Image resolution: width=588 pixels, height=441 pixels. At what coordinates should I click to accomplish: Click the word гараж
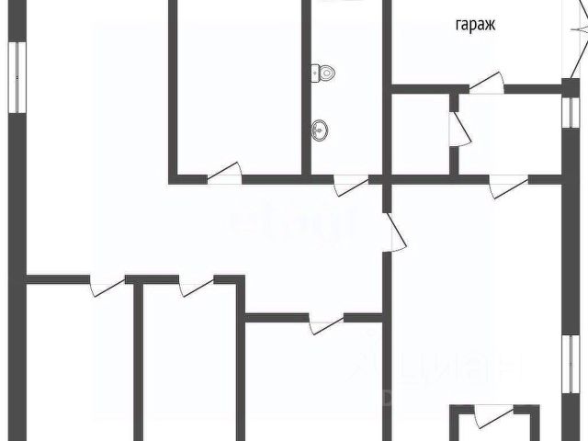click(474, 26)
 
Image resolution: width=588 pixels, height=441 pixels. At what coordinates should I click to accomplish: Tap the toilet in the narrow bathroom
click(322, 73)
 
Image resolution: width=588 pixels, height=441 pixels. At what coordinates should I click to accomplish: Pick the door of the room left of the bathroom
click(225, 173)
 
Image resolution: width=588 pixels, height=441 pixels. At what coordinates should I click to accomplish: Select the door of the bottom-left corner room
click(107, 286)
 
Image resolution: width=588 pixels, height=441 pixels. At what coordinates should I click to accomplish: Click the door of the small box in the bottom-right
click(488, 415)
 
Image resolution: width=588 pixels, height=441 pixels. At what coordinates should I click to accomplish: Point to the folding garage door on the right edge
click(575, 51)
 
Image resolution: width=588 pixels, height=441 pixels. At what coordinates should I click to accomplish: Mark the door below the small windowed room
click(506, 187)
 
